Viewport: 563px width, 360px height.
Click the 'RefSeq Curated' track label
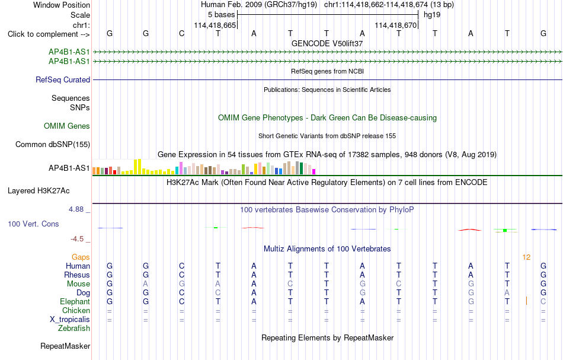[63, 79]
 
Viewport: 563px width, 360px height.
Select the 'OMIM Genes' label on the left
[67, 126]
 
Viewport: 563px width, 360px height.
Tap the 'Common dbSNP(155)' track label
[53, 145]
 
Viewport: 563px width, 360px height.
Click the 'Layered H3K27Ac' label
[39, 191]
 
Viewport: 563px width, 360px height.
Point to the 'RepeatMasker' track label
[65, 346]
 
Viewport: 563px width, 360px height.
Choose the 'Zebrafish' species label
[74, 329]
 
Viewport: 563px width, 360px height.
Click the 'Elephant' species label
[75, 302]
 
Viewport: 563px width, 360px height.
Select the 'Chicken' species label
[76, 310]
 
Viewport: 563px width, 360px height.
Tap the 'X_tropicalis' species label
[70, 320]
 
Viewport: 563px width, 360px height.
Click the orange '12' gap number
[526, 257]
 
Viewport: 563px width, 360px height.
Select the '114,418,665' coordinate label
[215, 26]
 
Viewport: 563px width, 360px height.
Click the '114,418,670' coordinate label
[396, 26]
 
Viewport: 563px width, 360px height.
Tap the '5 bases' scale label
[221, 15]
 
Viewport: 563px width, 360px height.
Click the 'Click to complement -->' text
[49, 34]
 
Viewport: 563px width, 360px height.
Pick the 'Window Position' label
[62, 5]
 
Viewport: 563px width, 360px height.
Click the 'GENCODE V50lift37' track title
[327, 43]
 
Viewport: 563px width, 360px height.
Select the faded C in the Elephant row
[543, 302]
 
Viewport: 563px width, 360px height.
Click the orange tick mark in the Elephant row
[526, 301]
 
